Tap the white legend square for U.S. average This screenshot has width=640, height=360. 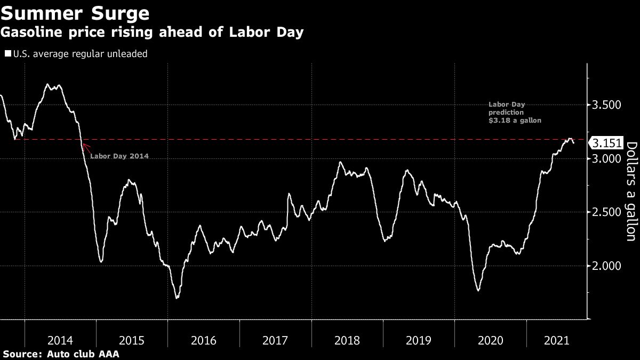pos(7,54)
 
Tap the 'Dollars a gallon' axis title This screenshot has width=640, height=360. pos(631,191)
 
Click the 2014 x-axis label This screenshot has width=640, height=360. pos(60,340)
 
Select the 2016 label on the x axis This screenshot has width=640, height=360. pos(204,340)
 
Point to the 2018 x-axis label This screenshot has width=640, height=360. pos(347,340)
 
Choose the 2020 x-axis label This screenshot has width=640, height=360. pos(490,340)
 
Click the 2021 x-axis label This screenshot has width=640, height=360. pos(556,340)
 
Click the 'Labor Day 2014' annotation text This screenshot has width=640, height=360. pos(119,156)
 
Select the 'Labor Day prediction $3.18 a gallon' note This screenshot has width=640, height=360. pos(515,113)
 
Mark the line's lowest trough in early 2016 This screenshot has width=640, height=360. pos(177,298)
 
